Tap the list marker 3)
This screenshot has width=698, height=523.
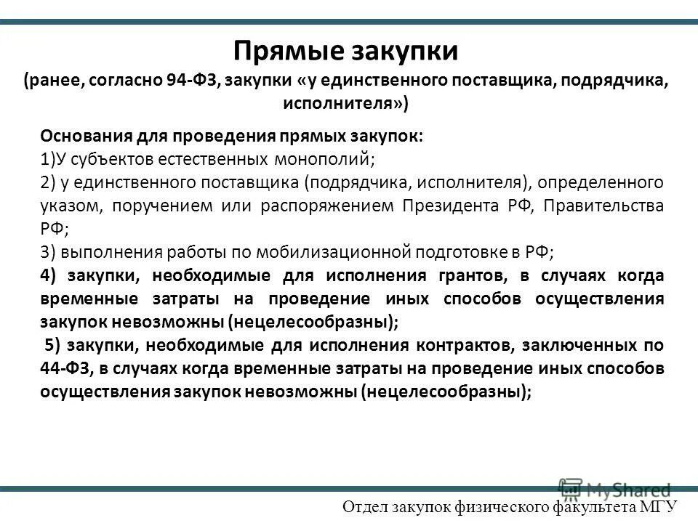tap(48, 252)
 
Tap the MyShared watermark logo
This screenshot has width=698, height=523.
tap(614, 488)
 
